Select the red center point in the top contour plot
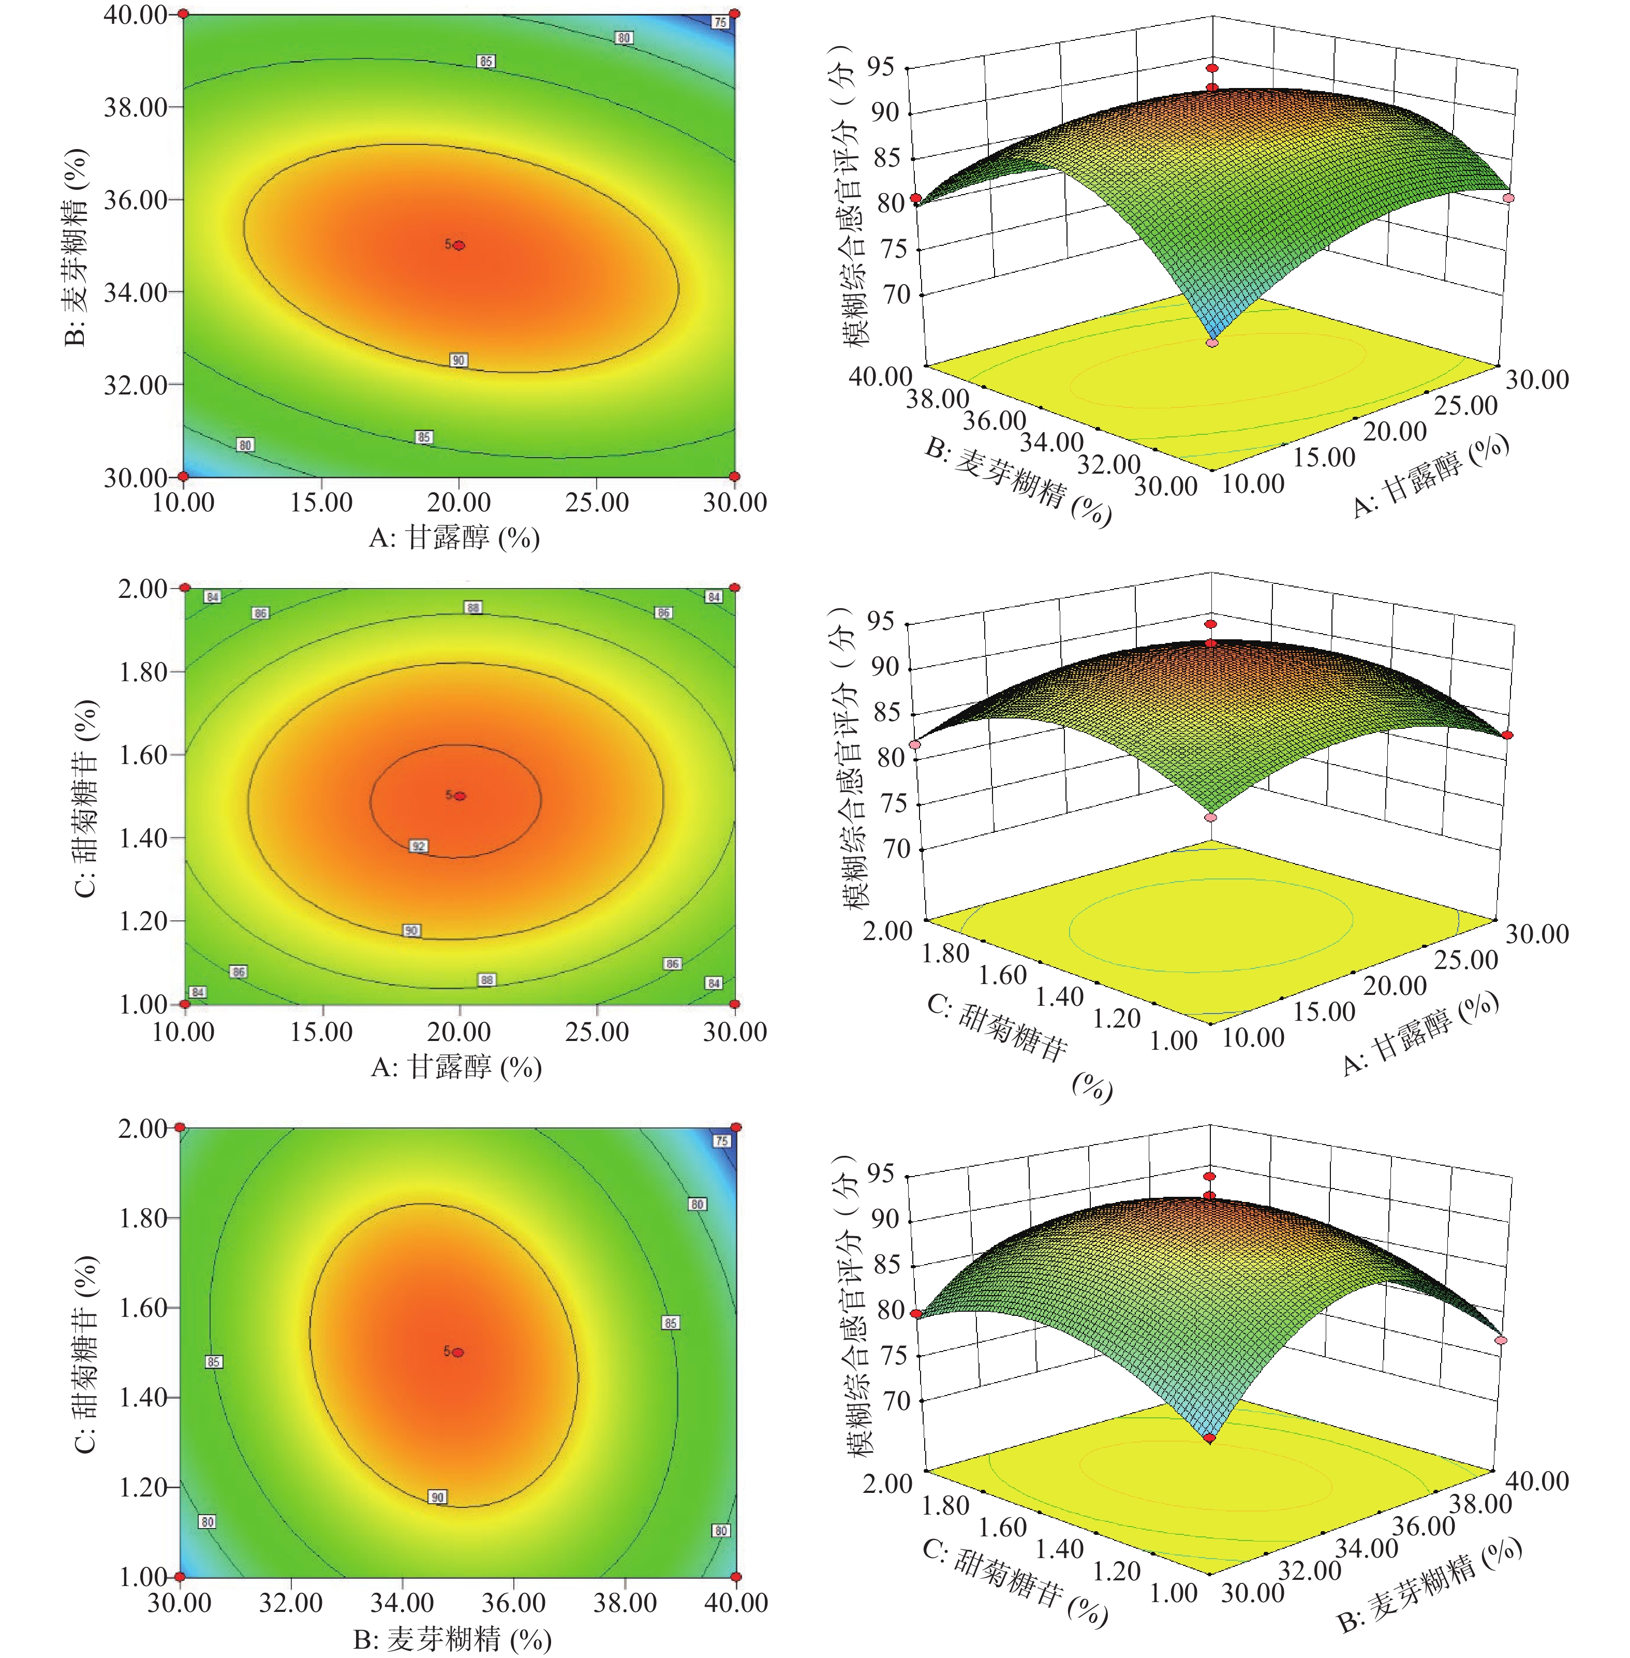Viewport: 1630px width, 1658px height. click(x=459, y=245)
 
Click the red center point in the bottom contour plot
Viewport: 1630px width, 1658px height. click(x=458, y=1352)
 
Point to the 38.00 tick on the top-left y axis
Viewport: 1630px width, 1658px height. click(x=135, y=107)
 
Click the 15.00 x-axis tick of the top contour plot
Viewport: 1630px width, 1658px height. click(x=321, y=503)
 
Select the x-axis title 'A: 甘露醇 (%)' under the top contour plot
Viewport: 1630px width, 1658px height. click(x=454, y=538)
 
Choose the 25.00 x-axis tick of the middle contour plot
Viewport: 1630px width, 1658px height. click(x=597, y=1032)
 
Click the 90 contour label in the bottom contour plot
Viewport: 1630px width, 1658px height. click(x=437, y=1497)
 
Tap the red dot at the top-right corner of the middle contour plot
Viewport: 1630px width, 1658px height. click(x=734, y=588)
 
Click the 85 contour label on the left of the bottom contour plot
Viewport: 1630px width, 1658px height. click(x=213, y=1362)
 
